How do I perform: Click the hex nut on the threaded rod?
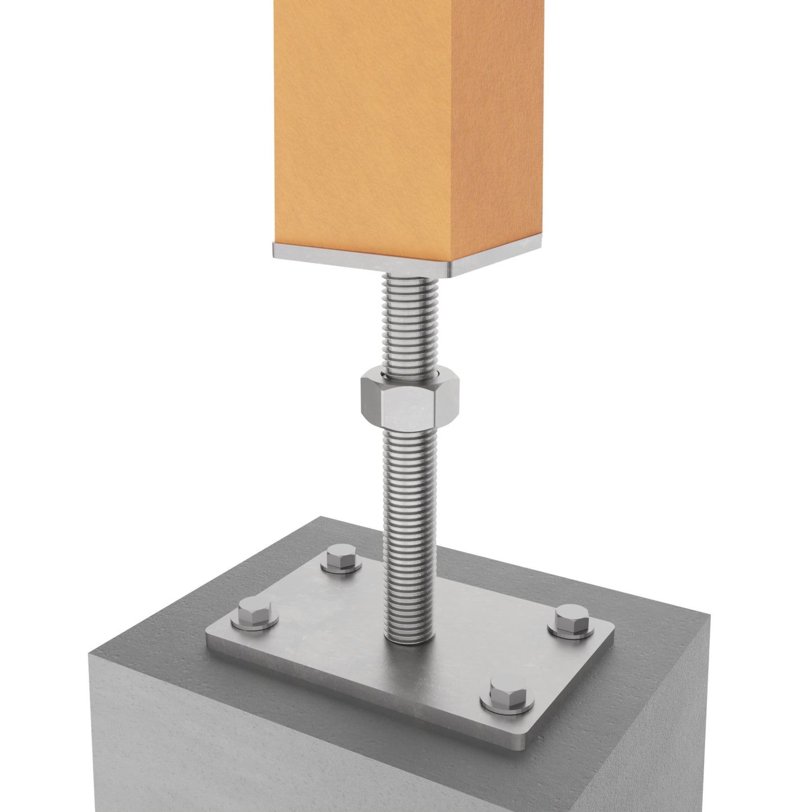(409, 401)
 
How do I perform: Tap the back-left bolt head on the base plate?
(341, 560)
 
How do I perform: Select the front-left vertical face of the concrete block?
(281, 747)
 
